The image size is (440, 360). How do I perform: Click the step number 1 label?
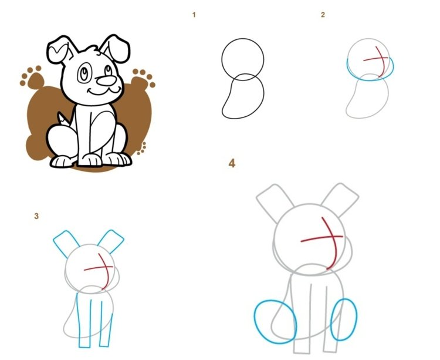pyautogui.click(x=194, y=15)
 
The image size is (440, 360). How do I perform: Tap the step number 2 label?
pyautogui.click(x=323, y=15)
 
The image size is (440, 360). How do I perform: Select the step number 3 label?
pyautogui.click(x=36, y=216)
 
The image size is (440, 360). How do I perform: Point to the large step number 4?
pyautogui.click(x=232, y=163)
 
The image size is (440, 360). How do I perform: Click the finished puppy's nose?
pyautogui.click(x=106, y=80)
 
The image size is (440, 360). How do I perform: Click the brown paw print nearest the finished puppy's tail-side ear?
pyautogui.click(x=32, y=77)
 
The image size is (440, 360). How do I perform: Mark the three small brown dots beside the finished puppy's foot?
pyautogui.click(x=142, y=148)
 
